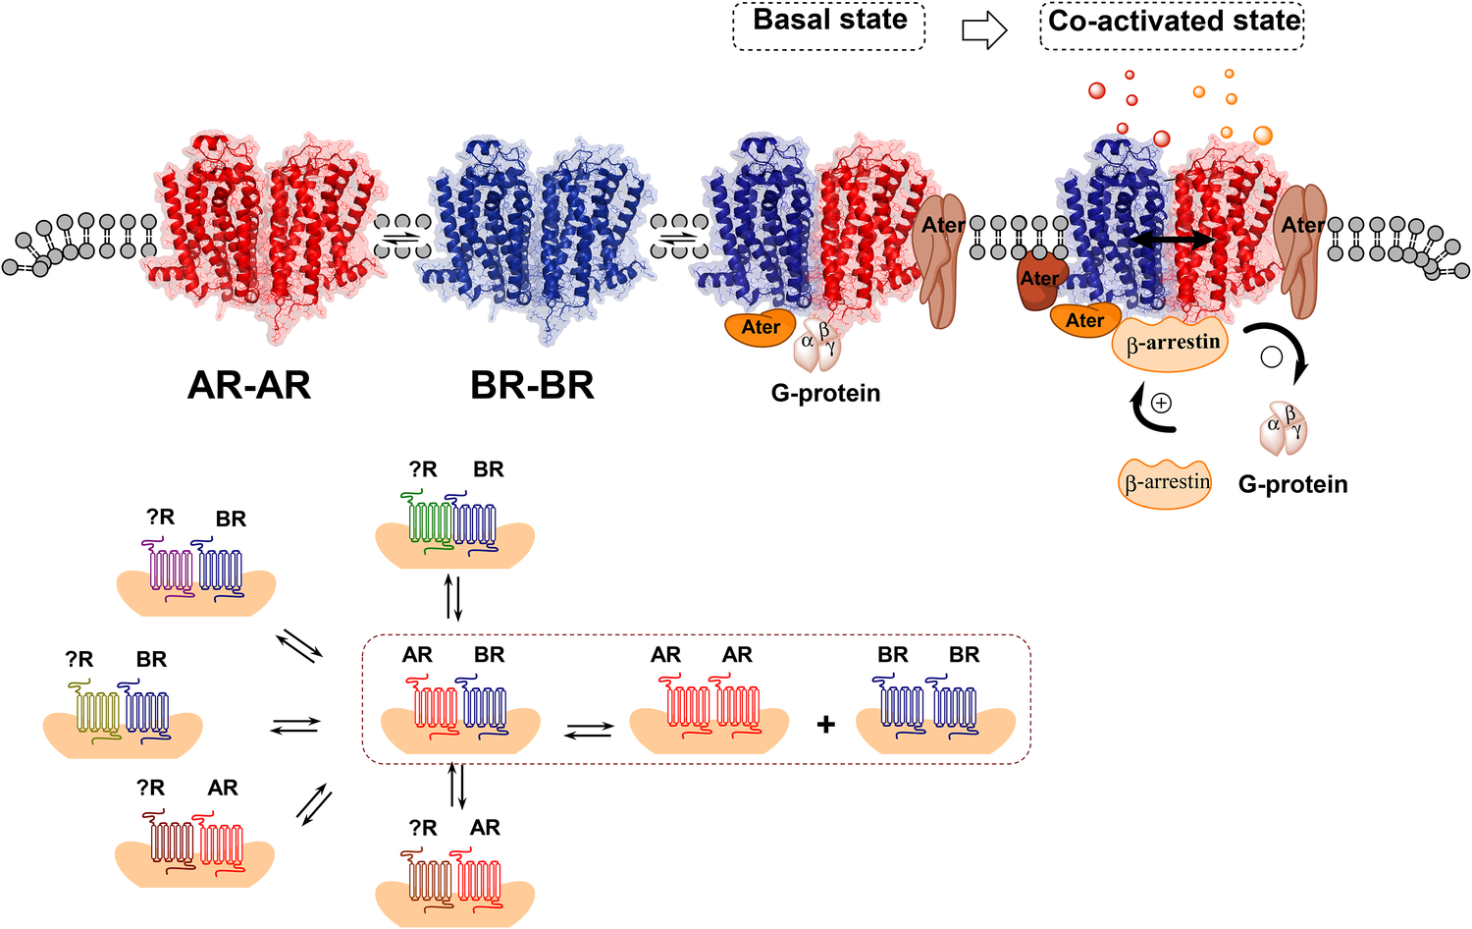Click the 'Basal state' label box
click(829, 27)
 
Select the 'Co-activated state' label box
click(1172, 27)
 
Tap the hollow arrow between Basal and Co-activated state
click(983, 29)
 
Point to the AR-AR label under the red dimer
click(249, 386)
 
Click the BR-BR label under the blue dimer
click(532, 386)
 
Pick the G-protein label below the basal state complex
click(825, 394)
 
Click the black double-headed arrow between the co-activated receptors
click(1174, 240)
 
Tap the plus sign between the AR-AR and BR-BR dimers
click(826, 725)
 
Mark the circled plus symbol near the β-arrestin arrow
click(1161, 403)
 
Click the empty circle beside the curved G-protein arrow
click(1271, 356)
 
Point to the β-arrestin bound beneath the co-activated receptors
click(1172, 344)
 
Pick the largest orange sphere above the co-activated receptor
click(1262, 136)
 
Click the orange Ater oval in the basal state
click(760, 328)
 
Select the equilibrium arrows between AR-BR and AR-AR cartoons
click(589, 730)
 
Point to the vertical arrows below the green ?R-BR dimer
click(453, 597)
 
